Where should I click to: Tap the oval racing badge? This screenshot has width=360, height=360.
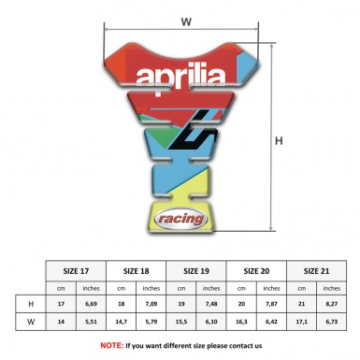click(x=178, y=217)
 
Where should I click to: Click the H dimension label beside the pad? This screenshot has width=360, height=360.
click(x=279, y=141)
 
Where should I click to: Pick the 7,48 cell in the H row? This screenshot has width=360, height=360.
click(x=213, y=304)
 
